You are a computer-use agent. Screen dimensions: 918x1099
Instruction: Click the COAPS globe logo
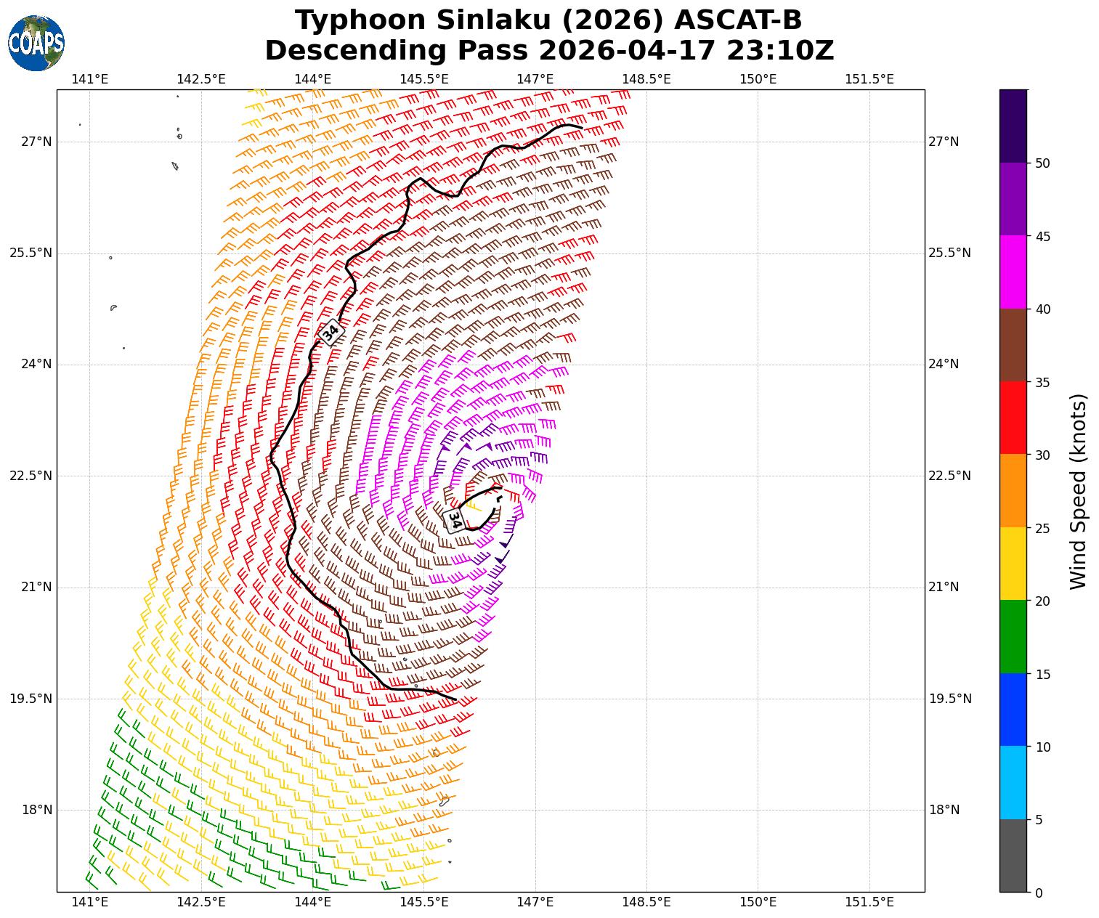coord(36,44)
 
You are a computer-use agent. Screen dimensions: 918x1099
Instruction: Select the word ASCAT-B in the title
coord(738,20)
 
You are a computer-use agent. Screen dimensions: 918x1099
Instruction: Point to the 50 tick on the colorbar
coord(1042,163)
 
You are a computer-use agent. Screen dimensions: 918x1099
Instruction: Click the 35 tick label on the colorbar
coord(1042,382)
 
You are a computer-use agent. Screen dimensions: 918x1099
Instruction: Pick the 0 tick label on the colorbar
coord(1039,893)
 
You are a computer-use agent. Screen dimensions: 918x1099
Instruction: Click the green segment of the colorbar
coord(1013,636)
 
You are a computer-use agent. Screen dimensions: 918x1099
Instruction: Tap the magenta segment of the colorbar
coord(1013,272)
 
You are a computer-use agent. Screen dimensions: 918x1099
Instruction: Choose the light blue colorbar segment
coord(1013,782)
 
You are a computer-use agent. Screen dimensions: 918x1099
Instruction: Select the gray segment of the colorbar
coord(1013,856)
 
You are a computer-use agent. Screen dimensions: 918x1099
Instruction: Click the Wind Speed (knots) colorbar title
coord(1079,491)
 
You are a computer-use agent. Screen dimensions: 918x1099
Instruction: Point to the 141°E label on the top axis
coord(91,78)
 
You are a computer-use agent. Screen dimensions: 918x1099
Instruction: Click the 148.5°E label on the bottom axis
coord(646,902)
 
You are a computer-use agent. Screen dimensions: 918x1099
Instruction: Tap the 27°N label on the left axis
coord(36,142)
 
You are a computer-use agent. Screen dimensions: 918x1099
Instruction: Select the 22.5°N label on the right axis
coord(949,476)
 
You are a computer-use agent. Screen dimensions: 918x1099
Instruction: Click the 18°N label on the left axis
coord(36,810)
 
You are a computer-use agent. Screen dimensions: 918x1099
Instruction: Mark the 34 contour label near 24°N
coord(330,332)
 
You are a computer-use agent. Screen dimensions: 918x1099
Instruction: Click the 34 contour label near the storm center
coord(455,520)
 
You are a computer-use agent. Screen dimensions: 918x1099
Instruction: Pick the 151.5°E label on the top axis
coord(869,78)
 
